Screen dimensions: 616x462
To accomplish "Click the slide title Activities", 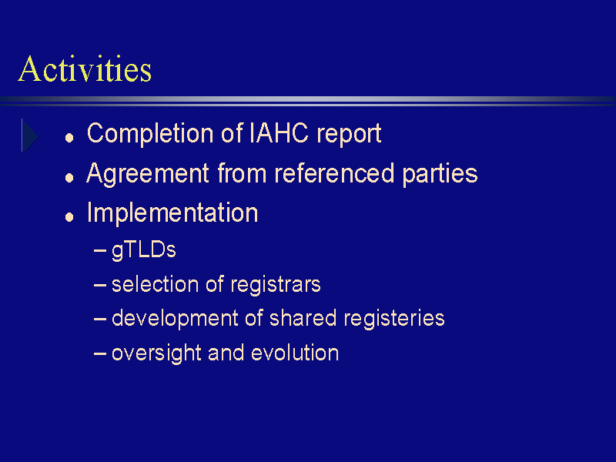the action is coord(85,69).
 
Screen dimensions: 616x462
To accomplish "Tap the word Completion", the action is coord(150,134).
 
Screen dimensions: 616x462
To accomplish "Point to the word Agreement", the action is coord(148,174).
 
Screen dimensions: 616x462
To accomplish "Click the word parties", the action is coord(440,175).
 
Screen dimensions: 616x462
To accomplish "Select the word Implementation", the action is coord(172,213).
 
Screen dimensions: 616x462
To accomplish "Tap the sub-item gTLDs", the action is coord(144,250).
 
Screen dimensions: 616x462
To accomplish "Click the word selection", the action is coord(156,284).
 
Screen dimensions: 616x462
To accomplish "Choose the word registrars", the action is coord(276,285).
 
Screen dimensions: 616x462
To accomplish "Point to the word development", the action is coord(175,319).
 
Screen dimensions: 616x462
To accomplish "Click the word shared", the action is coord(303,318).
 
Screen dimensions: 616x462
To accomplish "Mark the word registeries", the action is coord(394,319).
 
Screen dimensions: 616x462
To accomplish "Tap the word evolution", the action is coord(295,353).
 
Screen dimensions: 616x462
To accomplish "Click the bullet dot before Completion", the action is coord(69,138).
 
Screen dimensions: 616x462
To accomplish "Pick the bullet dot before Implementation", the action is coord(69,217).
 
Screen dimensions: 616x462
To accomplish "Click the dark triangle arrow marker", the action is coord(30,136).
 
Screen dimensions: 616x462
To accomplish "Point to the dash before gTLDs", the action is coord(100,251).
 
